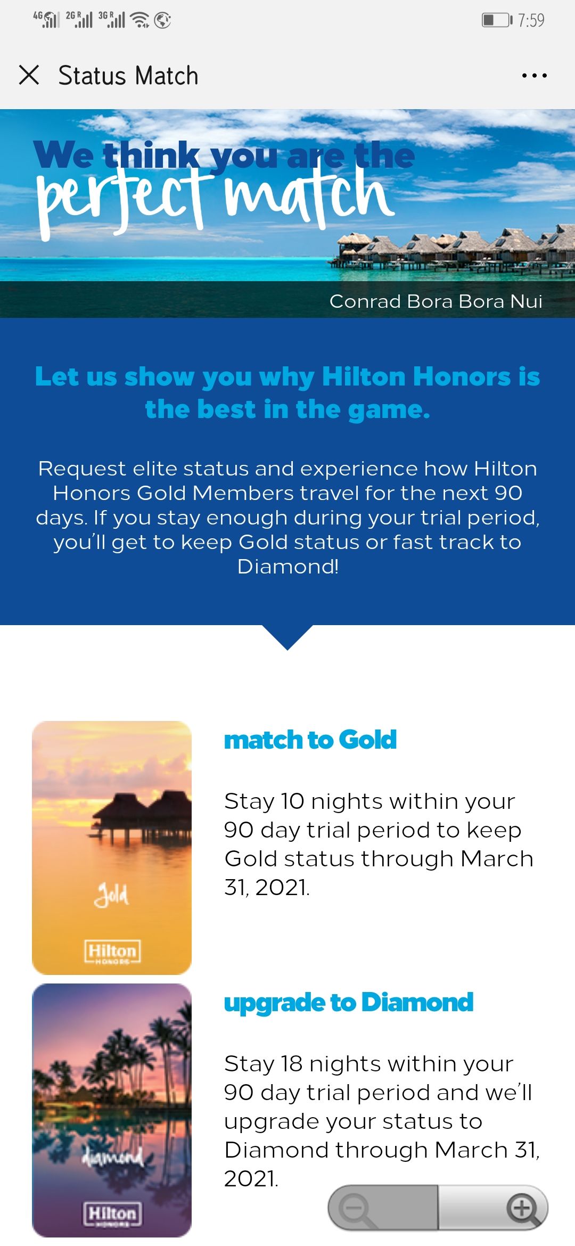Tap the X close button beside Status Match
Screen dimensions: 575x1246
coord(29,75)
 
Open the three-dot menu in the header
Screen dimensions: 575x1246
coord(534,76)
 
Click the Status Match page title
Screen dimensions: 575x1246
coord(128,76)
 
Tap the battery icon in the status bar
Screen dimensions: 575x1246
coord(497,20)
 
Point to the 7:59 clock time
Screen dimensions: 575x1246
coord(531,20)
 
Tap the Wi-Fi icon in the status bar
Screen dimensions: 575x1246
coord(140,20)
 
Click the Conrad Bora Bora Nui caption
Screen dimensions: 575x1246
coord(436,301)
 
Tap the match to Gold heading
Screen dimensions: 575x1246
coord(310,740)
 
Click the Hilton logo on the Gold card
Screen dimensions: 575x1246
coord(112,952)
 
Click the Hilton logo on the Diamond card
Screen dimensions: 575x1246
coord(112,1215)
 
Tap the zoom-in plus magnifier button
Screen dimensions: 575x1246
coord(523,1208)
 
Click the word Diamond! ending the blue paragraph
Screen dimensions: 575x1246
coord(288,567)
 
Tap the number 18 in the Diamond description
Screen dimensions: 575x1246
coord(292,1064)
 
